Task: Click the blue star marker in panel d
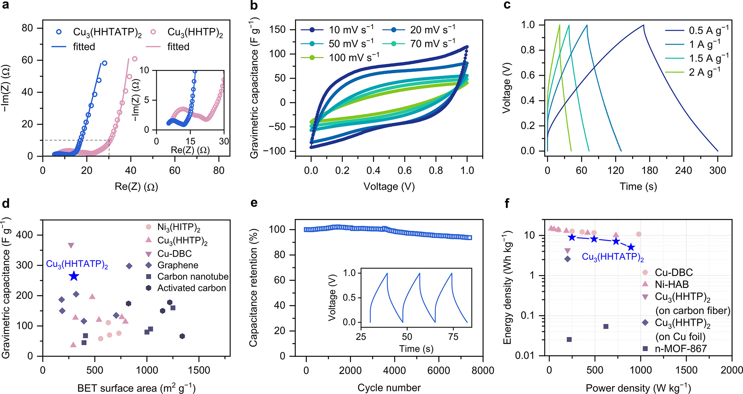point(74,276)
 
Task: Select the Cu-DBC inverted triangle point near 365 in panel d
point(71,245)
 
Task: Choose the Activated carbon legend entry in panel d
point(191,288)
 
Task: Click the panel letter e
point(254,203)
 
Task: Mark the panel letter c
point(507,5)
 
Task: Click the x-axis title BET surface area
point(136,388)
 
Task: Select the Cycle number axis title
point(389,388)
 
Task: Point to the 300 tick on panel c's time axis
point(718,171)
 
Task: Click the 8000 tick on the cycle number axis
point(483,370)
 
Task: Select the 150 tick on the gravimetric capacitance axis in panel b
point(277,29)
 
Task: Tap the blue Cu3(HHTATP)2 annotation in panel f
point(612,257)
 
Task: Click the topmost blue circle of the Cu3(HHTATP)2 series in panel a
point(104,63)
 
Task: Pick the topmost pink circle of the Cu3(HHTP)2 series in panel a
point(134,59)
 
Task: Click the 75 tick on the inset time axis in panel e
point(453,337)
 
